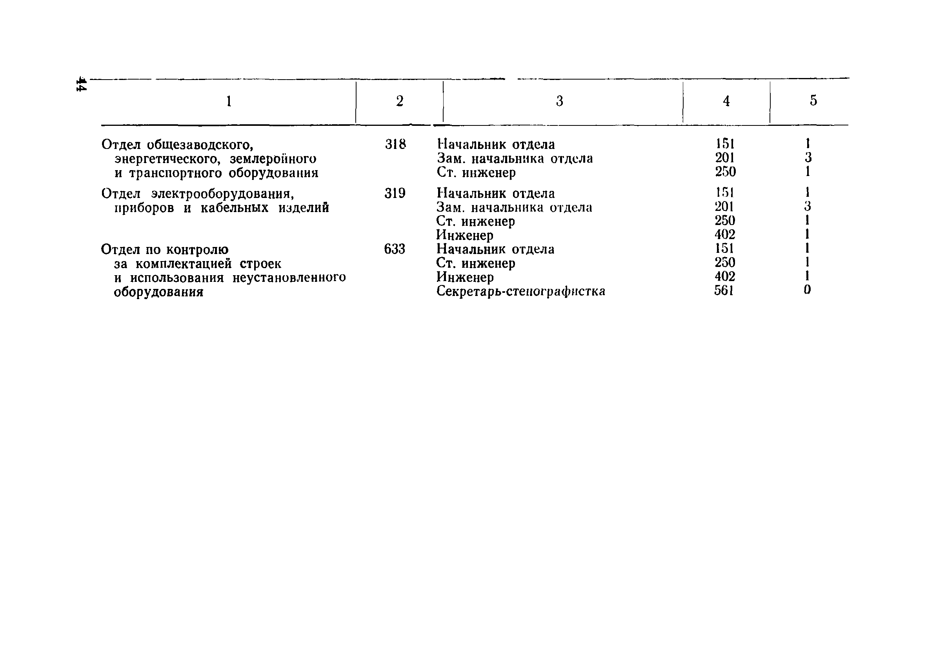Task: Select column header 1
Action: tap(229, 101)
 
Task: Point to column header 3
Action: tap(559, 101)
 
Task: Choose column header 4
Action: tap(726, 101)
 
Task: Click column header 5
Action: tap(813, 100)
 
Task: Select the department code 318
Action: tap(395, 144)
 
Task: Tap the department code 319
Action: tap(395, 193)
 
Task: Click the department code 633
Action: tap(394, 249)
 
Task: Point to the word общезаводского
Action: tap(200, 144)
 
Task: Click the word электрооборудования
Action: tap(223, 194)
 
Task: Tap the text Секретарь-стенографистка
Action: tap(520, 291)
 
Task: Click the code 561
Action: tap(724, 290)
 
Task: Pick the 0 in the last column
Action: tap(807, 290)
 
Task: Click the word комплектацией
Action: tap(184, 264)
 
